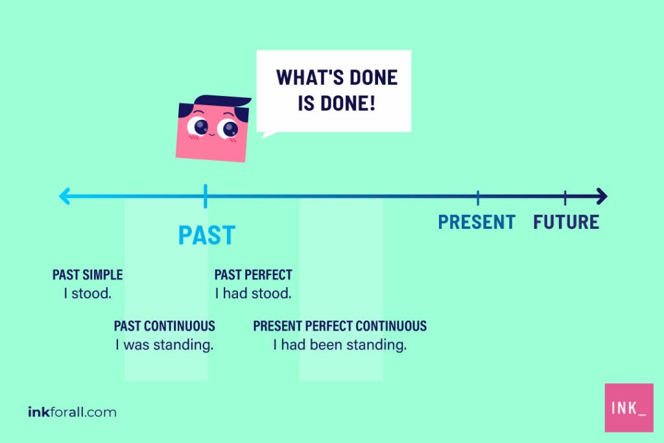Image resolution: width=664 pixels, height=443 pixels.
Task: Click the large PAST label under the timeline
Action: pos(206,235)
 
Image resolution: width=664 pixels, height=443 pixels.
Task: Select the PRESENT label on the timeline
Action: pos(477,222)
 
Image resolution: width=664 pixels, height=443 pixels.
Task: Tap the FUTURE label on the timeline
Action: pos(565,222)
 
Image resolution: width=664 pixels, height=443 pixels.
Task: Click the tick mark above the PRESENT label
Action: pos(478,197)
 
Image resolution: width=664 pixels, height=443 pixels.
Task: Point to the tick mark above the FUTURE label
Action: pos(565,197)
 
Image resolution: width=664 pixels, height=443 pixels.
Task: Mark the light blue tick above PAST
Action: pos(205,196)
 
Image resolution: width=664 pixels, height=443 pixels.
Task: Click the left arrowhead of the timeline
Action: pos(64,196)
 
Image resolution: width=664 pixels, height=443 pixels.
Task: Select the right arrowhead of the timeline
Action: pos(601,196)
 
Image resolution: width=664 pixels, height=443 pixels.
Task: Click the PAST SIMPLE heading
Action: pos(88,275)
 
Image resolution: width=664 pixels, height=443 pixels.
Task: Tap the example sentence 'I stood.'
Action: pos(88,294)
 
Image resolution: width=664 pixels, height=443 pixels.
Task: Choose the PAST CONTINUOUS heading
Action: pos(165,326)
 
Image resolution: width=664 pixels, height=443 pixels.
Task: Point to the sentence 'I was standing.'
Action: pos(165,345)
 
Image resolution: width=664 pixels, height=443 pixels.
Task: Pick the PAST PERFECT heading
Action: pos(253,275)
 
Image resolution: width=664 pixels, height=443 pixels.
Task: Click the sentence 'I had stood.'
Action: pos(253,294)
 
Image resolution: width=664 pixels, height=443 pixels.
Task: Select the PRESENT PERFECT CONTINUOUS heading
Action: pos(340,326)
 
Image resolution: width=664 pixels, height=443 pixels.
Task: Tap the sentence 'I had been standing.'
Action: pos(340,345)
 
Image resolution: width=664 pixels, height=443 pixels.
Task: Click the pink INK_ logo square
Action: pos(628,407)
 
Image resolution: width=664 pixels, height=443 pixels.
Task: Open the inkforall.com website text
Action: pos(72,412)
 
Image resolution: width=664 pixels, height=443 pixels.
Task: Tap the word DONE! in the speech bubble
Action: pos(351,104)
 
